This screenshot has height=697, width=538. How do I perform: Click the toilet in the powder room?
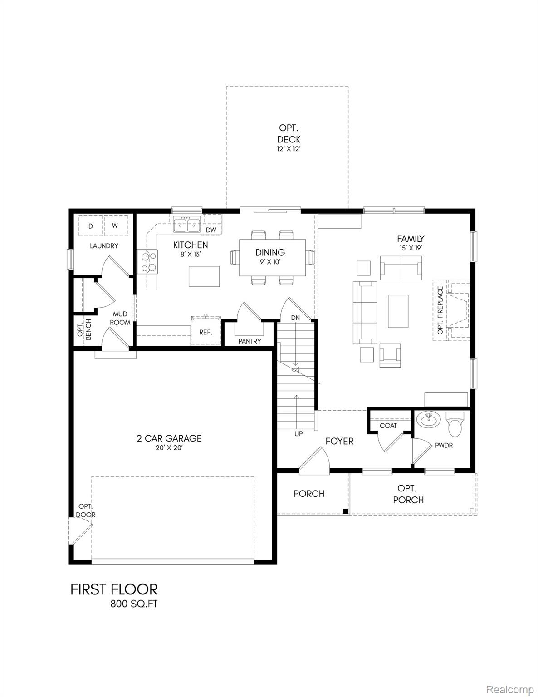pos(455,422)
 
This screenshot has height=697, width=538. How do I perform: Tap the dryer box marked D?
pos(90,226)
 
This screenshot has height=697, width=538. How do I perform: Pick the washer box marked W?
pos(115,226)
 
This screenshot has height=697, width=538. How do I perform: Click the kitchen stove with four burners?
pos(148,262)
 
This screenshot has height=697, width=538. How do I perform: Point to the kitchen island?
pos(204,276)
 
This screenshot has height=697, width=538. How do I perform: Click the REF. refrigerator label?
pos(206,332)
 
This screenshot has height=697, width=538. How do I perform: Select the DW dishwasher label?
pos(211,230)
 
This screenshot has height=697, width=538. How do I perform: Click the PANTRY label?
pos(250,341)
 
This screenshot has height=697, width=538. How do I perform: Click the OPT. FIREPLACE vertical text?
pos(440,310)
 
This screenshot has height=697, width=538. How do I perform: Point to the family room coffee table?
pos(398,311)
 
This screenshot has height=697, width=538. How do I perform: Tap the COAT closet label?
pos(388,426)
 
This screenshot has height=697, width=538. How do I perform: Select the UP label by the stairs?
pos(298,434)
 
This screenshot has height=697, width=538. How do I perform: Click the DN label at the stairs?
pos(296,318)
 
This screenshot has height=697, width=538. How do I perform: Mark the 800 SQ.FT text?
pos(134,604)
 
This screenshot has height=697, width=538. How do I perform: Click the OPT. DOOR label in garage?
pos(86,510)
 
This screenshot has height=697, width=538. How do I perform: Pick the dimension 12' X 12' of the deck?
pos(289,148)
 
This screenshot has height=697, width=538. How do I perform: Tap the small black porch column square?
pos(346,511)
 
